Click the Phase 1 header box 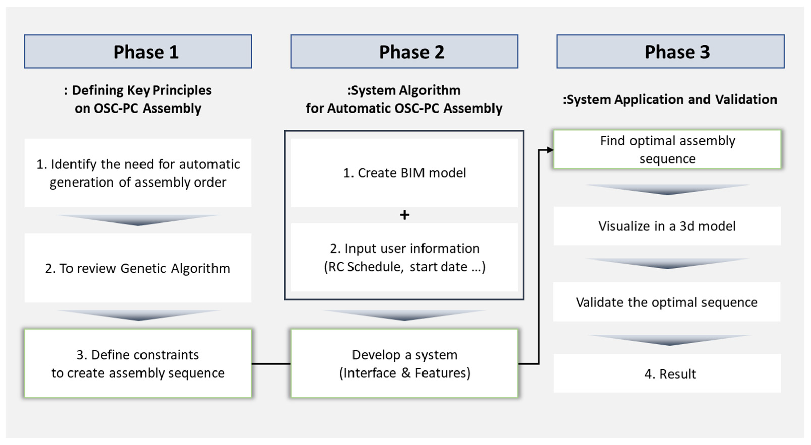coord(138,52)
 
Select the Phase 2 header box coord(404,52)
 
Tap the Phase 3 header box coord(670,52)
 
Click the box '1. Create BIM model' coord(404,173)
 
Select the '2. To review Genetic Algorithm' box coord(138,268)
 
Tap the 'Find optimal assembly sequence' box coord(667,150)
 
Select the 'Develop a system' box coord(404,363)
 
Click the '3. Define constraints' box coord(138,363)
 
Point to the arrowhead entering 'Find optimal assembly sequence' coord(550,150)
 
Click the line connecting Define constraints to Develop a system coord(271,364)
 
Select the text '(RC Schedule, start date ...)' coord(405,267)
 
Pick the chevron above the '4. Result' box coord(669,340)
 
